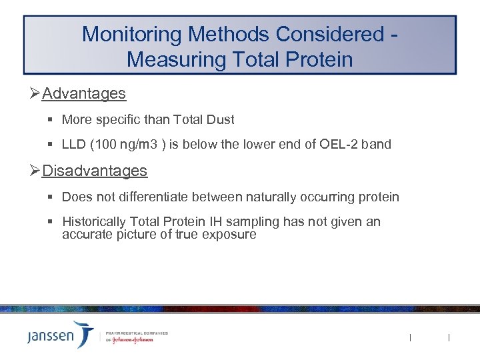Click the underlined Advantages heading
[x=83, y=93]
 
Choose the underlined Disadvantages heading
[x=94, y=171]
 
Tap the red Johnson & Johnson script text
[x=133, y=339]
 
